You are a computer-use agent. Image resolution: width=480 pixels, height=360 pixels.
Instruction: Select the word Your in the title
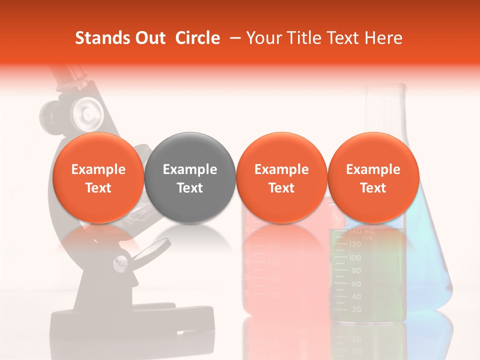262,38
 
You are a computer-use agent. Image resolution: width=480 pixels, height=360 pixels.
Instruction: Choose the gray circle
190,177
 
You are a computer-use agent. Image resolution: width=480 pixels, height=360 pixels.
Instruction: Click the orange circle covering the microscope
98,177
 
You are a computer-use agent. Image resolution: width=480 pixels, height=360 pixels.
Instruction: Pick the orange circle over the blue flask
373,177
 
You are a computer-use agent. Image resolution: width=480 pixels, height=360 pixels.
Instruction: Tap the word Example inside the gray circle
190,169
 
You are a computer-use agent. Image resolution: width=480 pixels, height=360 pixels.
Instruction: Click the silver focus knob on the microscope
85,109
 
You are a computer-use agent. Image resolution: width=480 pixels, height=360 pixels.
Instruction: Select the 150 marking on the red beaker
273,262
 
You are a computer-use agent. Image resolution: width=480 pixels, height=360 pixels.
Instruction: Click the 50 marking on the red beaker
274,294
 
